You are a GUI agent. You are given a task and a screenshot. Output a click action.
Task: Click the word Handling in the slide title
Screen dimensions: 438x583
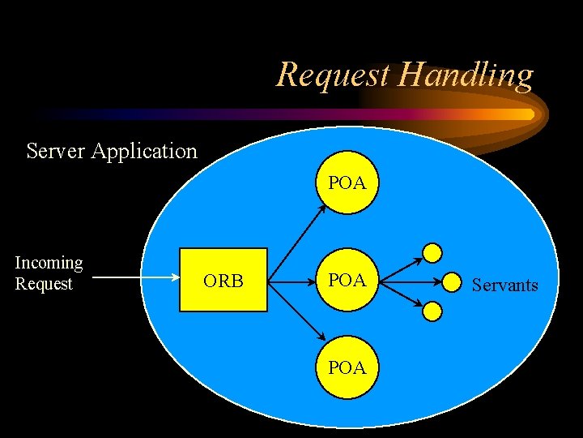467,76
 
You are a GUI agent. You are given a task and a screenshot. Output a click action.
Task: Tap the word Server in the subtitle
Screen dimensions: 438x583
56,151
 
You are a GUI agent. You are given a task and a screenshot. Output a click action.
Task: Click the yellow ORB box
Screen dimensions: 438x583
223,281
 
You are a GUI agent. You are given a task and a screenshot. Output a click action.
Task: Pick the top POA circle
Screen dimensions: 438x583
347,183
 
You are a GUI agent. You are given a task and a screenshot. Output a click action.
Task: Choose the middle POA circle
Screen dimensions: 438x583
347,281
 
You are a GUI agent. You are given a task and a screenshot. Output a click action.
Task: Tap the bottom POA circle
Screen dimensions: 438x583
347,367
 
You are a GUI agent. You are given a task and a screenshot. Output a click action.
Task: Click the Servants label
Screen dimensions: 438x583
504,285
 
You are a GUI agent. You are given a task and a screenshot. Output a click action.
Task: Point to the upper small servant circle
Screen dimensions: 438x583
434,251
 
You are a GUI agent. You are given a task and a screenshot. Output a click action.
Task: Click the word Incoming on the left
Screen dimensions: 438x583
49,263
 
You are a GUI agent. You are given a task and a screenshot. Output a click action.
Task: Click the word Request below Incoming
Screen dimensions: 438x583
44,284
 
